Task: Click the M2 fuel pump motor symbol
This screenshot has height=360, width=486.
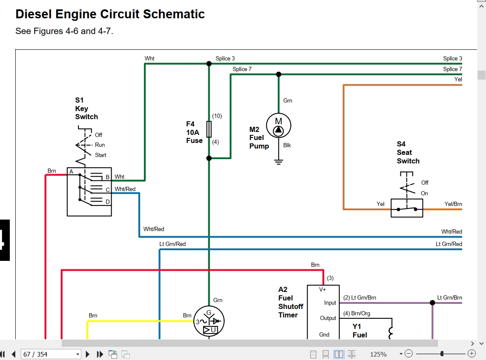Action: click(278, 126)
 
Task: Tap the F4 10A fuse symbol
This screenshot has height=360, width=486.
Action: click(209, 129)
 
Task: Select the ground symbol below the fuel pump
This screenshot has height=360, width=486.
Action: click(279, 162)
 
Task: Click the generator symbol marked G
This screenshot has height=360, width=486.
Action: click(209, 321)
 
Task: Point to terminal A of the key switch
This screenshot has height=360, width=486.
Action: click(71, 171)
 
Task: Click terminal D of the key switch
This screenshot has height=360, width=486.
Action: click(108, 202)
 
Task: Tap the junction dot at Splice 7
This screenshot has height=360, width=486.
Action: click(279, 74)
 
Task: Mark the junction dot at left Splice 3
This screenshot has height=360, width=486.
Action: click(209, 63)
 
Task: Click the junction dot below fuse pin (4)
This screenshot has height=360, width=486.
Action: click(209, 158)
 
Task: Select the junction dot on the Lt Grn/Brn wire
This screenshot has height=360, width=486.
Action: click(432, 303)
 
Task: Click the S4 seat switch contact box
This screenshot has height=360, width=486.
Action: click(407, 208)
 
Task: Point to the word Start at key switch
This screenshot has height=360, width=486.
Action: click(101, 155)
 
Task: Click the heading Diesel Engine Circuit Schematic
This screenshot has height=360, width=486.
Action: click(110, 14)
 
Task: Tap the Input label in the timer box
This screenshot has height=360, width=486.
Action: click(330, 303)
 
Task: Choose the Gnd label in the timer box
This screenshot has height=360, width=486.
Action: click(324, 334)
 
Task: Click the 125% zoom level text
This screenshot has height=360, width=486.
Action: click(378, 354)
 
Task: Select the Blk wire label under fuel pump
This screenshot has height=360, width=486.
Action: click(287, 145)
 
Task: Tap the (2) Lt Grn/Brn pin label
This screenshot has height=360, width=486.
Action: click(359, 297)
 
